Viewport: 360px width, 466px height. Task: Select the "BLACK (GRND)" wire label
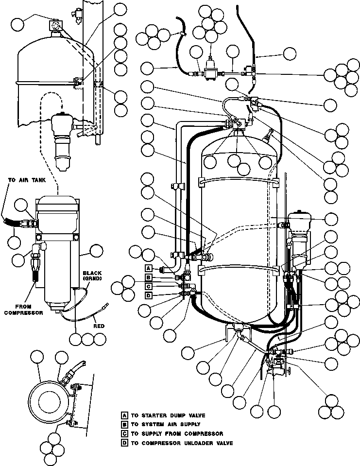point(92,276)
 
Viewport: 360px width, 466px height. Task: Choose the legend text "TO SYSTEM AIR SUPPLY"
point(166,424)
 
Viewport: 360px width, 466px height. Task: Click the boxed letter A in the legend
point(125,415)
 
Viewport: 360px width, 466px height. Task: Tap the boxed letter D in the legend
point(125,443)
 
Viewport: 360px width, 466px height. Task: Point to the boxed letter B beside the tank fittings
point(149,277)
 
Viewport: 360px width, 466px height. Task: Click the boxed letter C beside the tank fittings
point(149,286)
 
